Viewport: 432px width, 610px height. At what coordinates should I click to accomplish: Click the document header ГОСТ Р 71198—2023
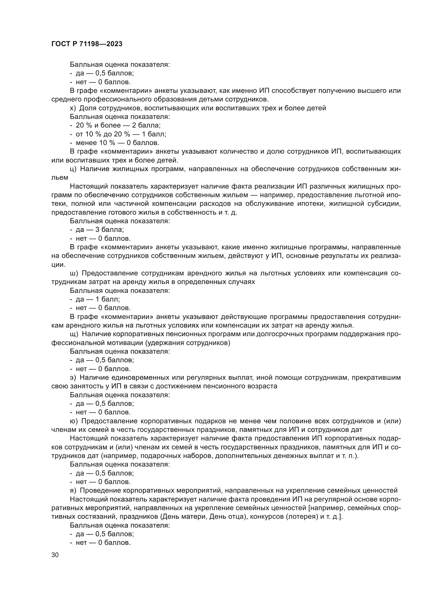[x=87, y=44]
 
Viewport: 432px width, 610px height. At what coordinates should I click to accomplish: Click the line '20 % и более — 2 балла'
[x=118, y=125]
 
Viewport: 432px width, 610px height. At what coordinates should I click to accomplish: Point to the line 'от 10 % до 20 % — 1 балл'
[x=121, y=134]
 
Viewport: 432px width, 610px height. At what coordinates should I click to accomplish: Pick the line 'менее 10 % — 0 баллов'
[x=117, y=143]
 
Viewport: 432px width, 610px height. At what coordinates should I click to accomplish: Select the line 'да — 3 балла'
[x=100, y=230]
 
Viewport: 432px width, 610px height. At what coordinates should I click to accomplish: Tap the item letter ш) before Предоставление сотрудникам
[x=73, y=273]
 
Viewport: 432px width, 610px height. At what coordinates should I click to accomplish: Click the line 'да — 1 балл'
[x=98, y=299]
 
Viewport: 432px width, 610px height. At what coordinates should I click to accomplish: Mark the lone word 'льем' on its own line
[x=60, y=178]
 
